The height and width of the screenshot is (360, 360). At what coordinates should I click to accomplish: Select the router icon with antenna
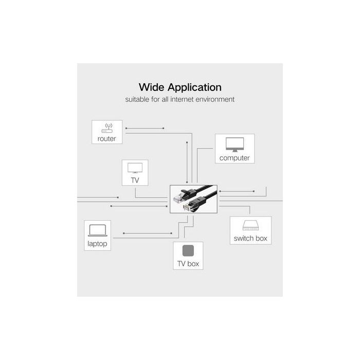coord(108,129)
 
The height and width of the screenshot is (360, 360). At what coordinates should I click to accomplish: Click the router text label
coord(107,139)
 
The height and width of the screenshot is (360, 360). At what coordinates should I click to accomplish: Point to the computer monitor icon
coord(235,144)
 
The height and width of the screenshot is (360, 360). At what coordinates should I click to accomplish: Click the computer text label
coord(235,158)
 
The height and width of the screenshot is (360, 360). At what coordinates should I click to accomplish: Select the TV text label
coord(135,180)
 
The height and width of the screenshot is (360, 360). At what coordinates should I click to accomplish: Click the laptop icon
coord(98,230)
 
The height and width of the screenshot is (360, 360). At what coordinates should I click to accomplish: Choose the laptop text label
coord(97,243)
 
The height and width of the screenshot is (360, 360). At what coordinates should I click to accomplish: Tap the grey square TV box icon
coord(188,251)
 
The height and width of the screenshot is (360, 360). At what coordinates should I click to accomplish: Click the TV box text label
coord(188,264)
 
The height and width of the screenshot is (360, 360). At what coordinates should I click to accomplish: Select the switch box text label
coord(250,239)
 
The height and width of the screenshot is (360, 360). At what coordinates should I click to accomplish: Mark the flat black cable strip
coord(208,190)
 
